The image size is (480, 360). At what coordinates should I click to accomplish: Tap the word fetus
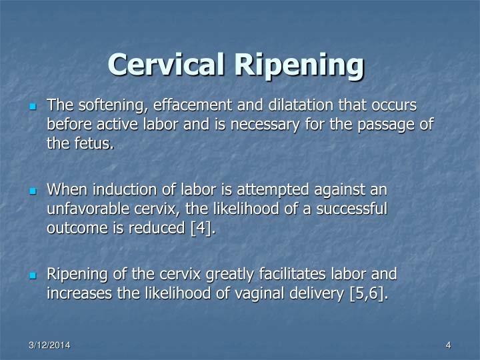pyautogui.click(x=90, y=143)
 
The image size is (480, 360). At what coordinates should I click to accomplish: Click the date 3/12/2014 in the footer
pyautogui.click(x=49, y=344)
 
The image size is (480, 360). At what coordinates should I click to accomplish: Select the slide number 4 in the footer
pyautogui.click(x=449, y=344)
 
